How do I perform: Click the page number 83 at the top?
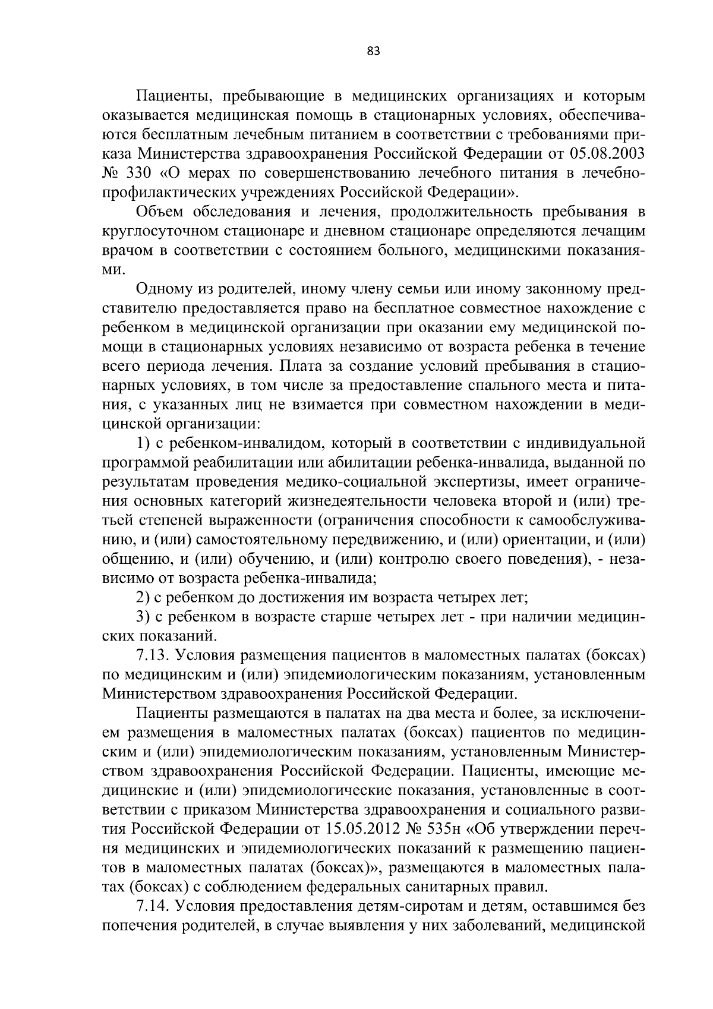[373, 51]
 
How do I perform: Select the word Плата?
[296, 365]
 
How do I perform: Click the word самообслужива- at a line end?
[585, 520]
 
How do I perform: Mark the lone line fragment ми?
[114, 270]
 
